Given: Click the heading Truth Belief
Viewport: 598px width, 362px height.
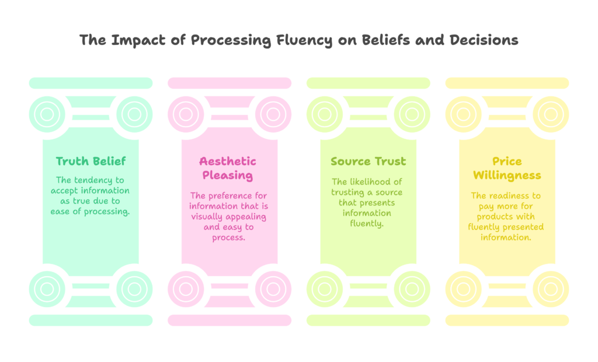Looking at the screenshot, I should [x=91, y=161].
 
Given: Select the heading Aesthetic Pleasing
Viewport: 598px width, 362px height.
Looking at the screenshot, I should [x=228, y=168].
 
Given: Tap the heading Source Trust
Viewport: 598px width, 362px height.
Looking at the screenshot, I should [x=368, y=161].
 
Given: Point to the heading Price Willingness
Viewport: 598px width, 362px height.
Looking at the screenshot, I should [x=507, y=168].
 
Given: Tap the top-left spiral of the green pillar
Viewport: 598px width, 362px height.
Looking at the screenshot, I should [x=46, y=114].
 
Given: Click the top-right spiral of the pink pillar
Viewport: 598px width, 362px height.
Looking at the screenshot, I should [x=273, y=114].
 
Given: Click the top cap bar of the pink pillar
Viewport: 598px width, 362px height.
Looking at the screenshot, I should [x=230, y=83].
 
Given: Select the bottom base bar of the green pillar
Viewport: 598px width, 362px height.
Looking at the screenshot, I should [x=91, y=320].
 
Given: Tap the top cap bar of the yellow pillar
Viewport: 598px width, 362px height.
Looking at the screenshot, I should [x=507, y=83].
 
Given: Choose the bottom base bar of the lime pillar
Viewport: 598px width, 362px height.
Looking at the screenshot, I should [x=368, y=320].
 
